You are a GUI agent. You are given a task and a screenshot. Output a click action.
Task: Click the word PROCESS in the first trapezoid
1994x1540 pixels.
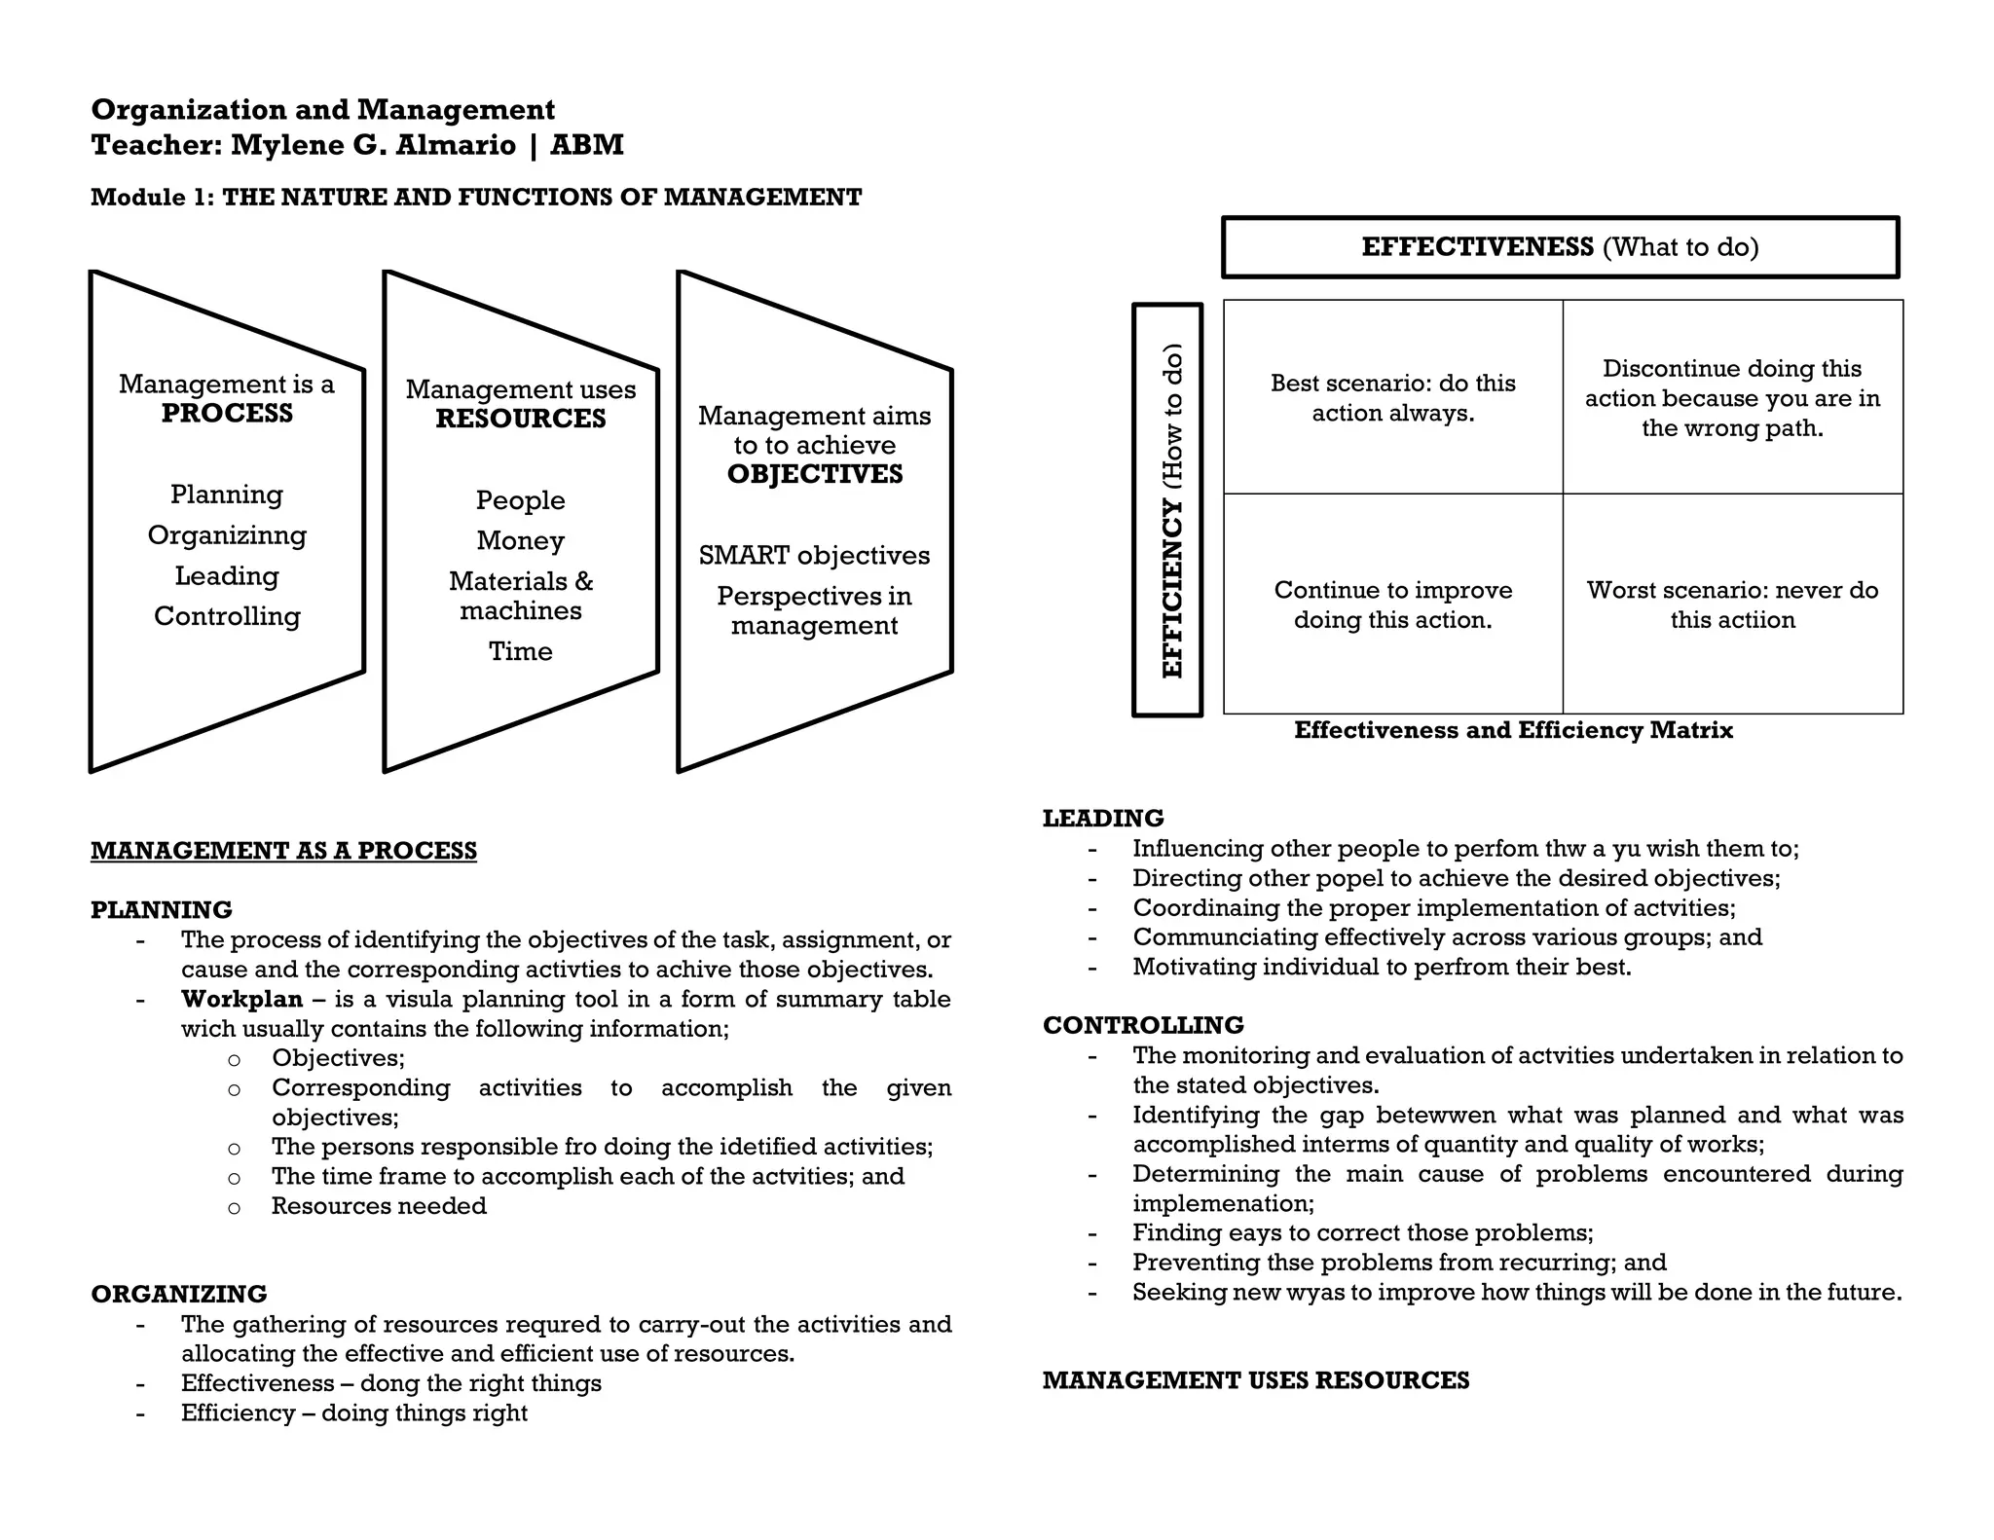227,414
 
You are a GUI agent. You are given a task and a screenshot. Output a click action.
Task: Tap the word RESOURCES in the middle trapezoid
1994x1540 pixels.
521,419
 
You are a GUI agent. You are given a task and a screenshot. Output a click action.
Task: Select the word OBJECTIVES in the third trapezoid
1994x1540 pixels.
815,474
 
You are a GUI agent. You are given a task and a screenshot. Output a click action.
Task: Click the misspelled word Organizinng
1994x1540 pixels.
227,535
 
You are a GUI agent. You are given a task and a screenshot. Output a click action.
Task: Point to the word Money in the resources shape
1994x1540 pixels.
521,540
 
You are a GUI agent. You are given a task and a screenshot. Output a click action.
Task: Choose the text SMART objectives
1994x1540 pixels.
814,556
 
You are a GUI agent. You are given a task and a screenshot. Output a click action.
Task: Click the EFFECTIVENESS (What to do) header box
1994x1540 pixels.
1560,247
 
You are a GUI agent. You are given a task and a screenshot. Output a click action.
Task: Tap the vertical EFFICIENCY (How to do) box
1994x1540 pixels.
1168,510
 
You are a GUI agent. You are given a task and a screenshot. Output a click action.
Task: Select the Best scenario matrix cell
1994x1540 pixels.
1392,397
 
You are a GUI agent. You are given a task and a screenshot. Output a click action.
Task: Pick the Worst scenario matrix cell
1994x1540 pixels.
1732,605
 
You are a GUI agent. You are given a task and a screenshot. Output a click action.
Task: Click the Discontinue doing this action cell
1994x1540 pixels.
1732,398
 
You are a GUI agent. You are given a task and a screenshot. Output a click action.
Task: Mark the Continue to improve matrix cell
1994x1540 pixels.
1392,605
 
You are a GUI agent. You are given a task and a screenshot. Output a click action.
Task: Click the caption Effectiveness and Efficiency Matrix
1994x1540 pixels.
1513,730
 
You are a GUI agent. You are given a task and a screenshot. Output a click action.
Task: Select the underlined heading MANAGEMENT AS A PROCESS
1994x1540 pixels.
283,851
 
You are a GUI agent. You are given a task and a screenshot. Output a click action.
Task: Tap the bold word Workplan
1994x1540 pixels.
241,1000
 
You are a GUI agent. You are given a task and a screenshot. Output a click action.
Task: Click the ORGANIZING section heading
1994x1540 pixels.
179,1294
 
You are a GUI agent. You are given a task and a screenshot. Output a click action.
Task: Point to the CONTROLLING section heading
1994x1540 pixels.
1143,1025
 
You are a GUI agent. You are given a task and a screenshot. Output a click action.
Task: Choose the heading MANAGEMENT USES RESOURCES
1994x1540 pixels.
1256,1380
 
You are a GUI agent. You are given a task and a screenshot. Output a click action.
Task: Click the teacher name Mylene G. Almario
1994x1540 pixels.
373,145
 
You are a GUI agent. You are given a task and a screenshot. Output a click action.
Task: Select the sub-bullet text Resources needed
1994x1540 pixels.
379,1206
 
